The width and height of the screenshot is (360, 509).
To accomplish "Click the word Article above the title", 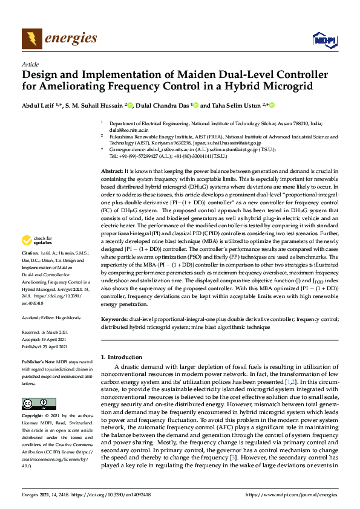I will pyautogui.click(x=30, y=64).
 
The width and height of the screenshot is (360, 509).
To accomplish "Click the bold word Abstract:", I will pyautogui.click(x=112, y=172).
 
